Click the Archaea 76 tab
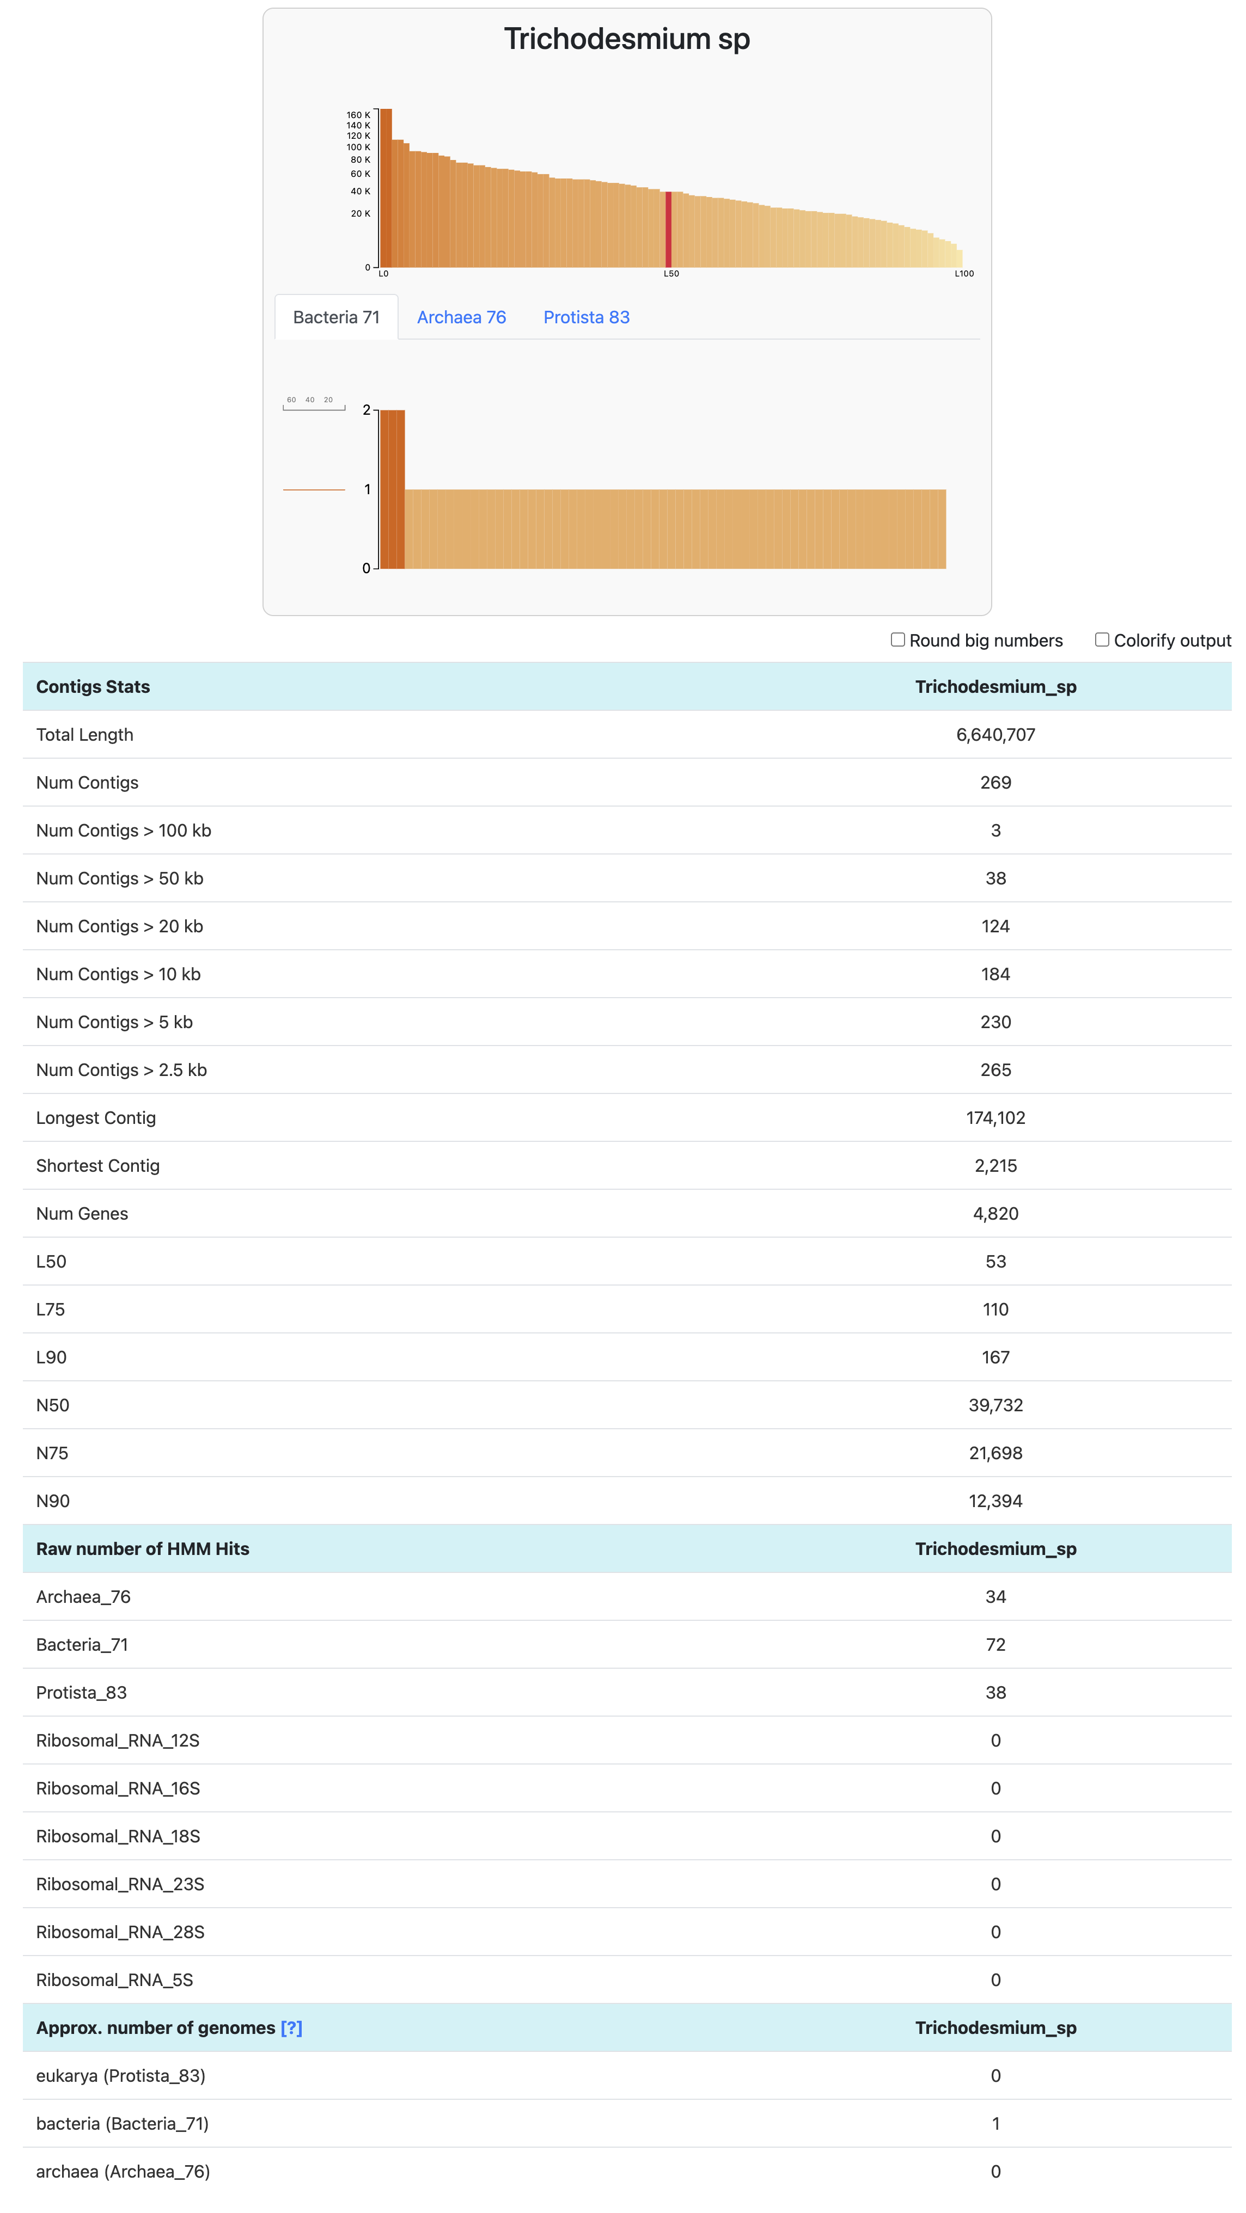click(x=461, y=317)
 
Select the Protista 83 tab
click(x=586, y=317)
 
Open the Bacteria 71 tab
click(x=336, y=317)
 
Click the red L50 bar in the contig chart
click(x=669, y=229)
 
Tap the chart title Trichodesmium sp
click(x=626, y=39)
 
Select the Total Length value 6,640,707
click(x=995, y=735)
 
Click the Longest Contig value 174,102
click(x=995, y=1118)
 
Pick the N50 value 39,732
click(x=995, y=1405)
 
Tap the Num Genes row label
click(x=82, y=1214)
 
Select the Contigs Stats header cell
click(x=93, y=686)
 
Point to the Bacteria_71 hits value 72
click(x=995, y=1644)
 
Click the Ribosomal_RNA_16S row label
click(x=118, y=1788)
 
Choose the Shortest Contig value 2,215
click(x=995, y=1166)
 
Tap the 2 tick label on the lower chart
click(x=367, y=410)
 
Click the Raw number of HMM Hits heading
click(x=143, y=1549)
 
